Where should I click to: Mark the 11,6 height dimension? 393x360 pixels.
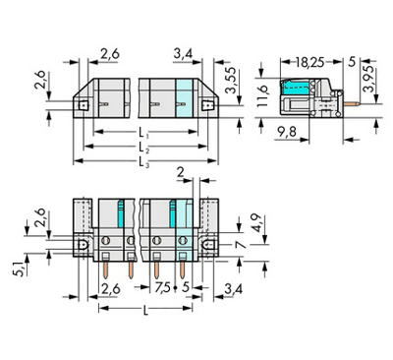[x=262, y=95]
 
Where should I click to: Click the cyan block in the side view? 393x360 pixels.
[x=296, y=98]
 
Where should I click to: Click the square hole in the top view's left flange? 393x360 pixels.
[x=85, y=102]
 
